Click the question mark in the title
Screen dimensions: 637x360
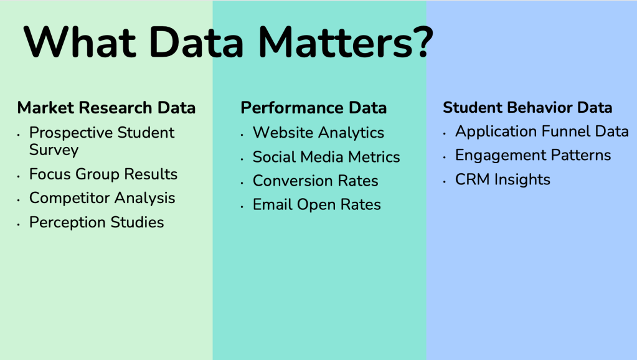pos(424,41)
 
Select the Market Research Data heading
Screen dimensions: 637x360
pos(106,108)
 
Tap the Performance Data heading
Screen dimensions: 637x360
pos(314,108)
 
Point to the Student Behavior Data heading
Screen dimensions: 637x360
pos(527,107)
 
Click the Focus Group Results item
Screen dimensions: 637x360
pos(103,174)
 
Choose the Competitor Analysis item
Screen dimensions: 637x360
pos(102,198)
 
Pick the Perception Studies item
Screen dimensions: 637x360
pos(97,222)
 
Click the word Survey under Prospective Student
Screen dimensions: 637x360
pos(54,150)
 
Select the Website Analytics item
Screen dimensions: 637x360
pos(319,133)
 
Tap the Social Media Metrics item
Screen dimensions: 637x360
pos(326,157)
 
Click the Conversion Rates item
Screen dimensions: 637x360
pos(315,181)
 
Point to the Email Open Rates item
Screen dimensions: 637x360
pos(317,205)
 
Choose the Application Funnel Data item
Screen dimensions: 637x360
pos(542,131)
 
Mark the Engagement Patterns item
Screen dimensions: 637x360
pos(533,155)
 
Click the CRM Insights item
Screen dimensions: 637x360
pos(503,179)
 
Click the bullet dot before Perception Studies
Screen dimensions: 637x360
pos(19,224)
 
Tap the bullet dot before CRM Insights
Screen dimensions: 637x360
pos(445,182)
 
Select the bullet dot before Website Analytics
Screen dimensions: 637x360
pos(242,135)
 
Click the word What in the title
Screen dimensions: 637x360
pos(80,42)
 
